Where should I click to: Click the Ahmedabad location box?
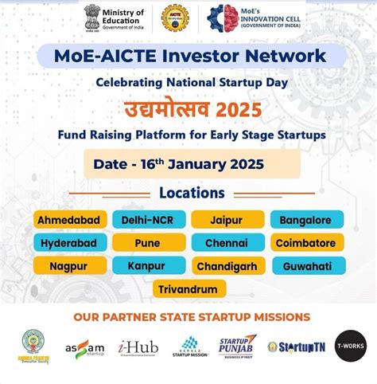(x=71, y=219)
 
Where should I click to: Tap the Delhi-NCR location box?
(x=148, y=219)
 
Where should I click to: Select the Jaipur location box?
(x=227, y=219)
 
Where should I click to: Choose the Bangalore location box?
(x=306, y=219)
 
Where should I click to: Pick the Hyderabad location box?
(x=69, y=242)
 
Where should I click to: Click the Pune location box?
(x=148, y=242)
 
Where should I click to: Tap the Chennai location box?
(x=227, y=242)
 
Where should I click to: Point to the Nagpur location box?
(x=69, y=265)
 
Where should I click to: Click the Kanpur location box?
(x=148, y=265)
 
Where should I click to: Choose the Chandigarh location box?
(x=227, y=265)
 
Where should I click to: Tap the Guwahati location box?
(x=306, y=265)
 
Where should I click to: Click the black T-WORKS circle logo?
(x=350, y=346)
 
